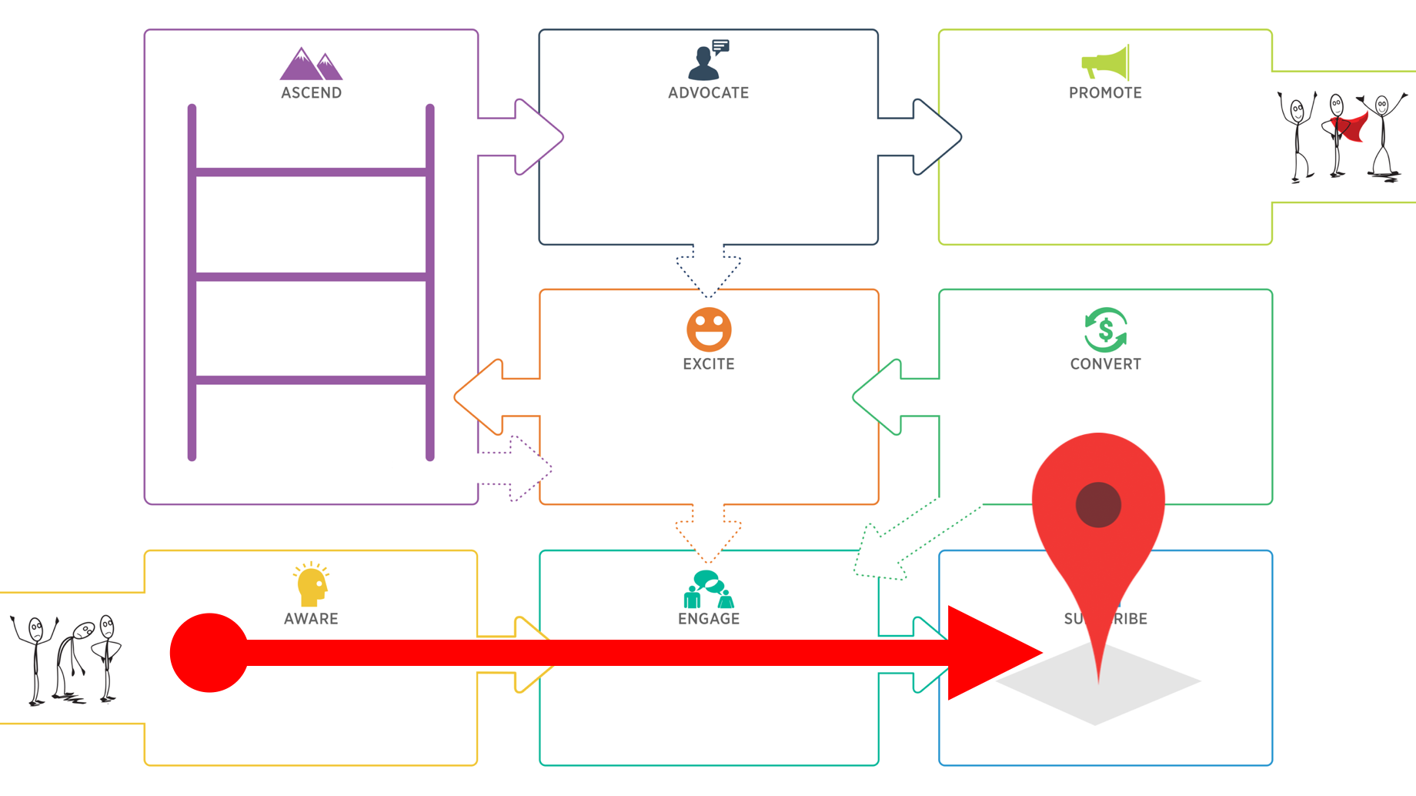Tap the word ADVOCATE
point(708,93)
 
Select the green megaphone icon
point(1105,62)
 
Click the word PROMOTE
point(1105,93)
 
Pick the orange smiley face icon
point(709,329)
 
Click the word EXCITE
point(709,364)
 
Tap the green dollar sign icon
point(1105,329)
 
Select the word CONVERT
point(1105,364)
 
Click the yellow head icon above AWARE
point(311,585)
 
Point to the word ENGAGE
point(709,619)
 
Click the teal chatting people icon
point(708,589)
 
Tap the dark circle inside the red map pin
point(1098,505)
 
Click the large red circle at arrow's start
point(209,653)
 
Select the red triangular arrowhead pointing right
point(989,653)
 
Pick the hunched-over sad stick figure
point(73,658)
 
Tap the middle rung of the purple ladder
point(311,276)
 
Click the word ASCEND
point(311,93)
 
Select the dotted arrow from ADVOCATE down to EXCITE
point(709,269)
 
